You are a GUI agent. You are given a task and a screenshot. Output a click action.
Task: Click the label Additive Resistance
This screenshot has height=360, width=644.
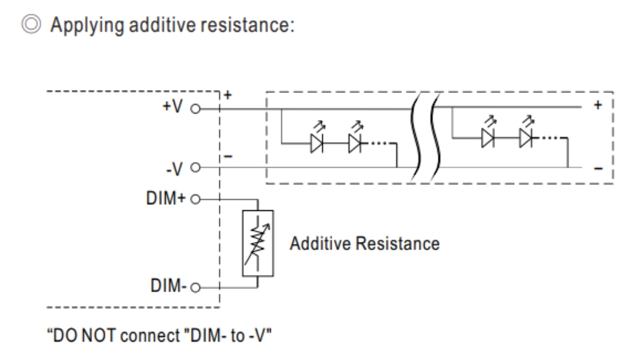(x=365, y=243)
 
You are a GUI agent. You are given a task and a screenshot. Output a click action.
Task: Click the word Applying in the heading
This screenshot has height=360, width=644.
(x=86, y=27)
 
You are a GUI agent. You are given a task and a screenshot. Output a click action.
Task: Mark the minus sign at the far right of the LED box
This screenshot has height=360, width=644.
(x=598, y=169)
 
